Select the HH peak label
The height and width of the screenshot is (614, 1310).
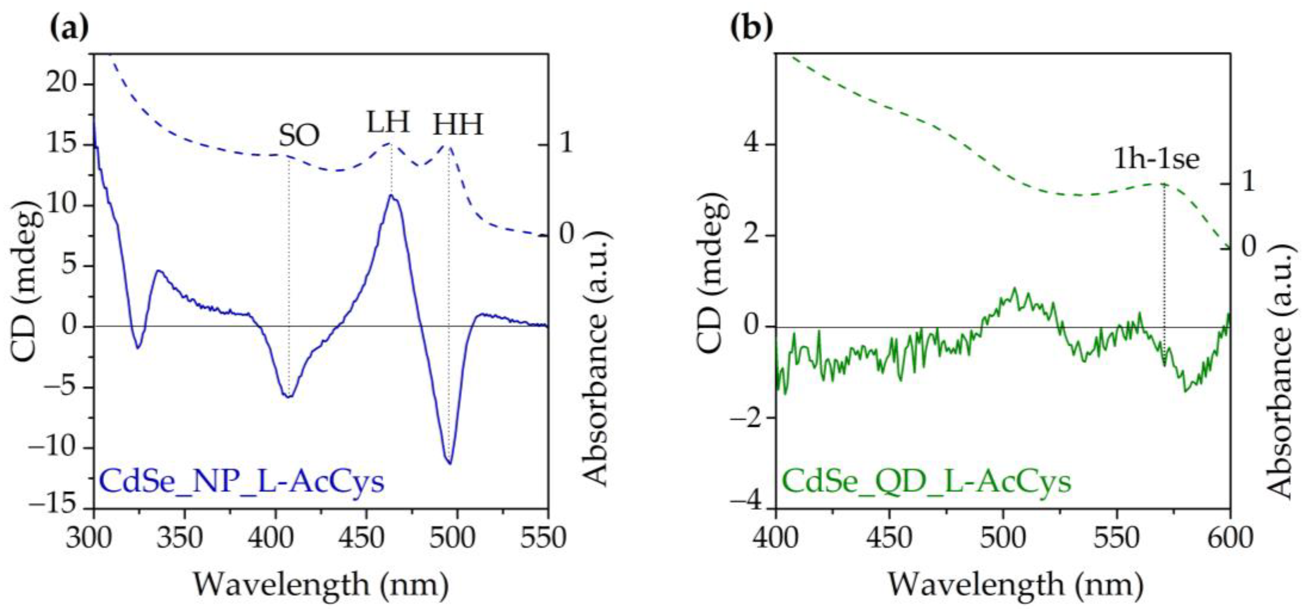point(458,125)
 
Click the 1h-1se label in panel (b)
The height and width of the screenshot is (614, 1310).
point(1156,159)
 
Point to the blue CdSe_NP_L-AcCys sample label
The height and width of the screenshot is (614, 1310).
point(242,481)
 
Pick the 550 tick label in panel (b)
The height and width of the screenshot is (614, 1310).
point(1117,537)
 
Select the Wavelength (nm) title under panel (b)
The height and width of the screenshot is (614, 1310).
point(1016,585)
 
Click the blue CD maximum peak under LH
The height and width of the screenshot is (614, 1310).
point(391,195)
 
